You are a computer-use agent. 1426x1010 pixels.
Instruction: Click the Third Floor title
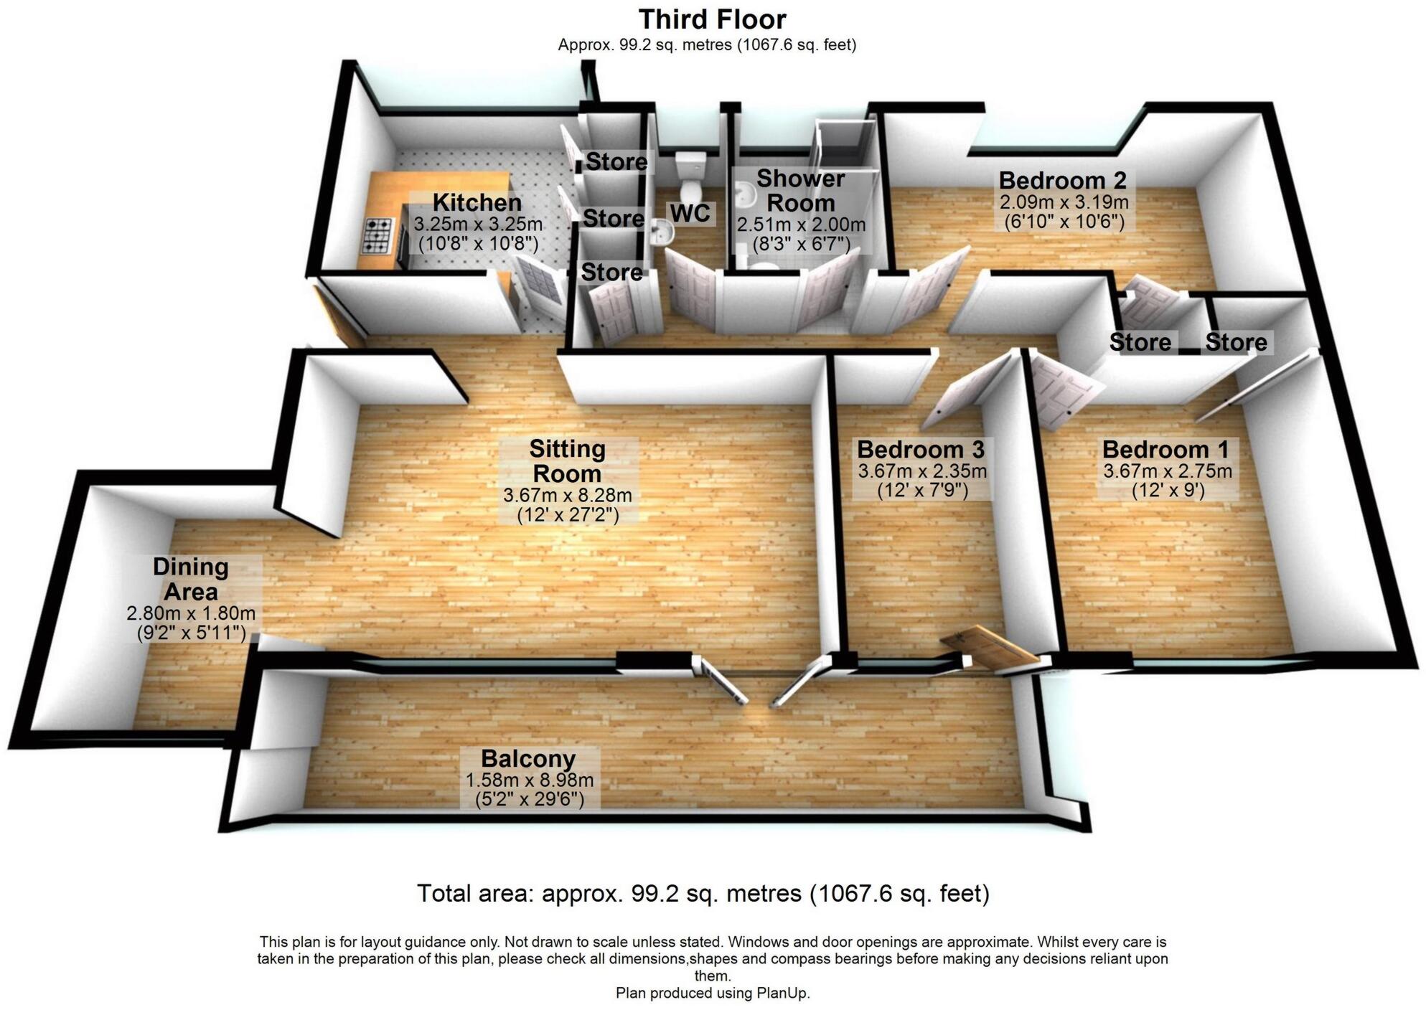(x=712, y=19)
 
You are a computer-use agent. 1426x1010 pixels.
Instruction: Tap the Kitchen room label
(x=477, y=202)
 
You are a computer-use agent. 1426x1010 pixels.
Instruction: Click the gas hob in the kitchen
(x=379, y=236)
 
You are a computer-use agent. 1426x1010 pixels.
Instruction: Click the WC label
(x=690, y=213)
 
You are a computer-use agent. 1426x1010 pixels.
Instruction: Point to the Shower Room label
(x=800, y=190)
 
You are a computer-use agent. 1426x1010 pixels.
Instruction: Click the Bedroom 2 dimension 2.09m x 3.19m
(x=1064, y=202)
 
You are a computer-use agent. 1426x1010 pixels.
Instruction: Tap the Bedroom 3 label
(x=921, y=450)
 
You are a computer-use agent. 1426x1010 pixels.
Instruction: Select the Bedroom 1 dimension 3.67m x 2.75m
(x=1167, y=471)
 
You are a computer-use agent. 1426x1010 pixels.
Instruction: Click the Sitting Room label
(x=567, y=461)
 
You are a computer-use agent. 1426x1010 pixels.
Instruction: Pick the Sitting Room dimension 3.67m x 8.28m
(x=567, y=495)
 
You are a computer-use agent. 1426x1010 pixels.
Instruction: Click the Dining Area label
(x=191, y=579)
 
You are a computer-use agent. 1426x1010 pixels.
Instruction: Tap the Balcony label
(x=528, y=758)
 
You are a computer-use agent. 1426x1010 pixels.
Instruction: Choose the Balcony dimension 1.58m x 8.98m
(x=529, y=780)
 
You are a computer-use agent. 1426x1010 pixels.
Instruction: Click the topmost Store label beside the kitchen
(x=616, y=162)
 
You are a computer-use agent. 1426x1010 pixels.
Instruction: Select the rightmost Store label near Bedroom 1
(x=1235, y=342)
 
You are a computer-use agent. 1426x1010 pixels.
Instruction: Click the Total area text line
(x=703, y=894)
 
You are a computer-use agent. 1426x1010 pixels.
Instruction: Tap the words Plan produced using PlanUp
(x=712, y=994)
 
